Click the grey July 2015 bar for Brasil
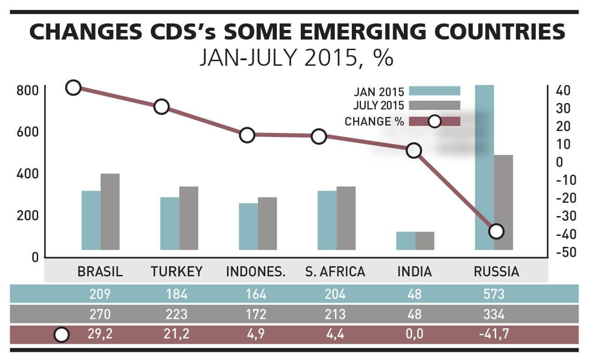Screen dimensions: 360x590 click(110, 211)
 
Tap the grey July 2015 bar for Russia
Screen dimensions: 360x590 click(504, 202)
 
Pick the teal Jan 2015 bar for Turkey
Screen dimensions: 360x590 click(170, 223)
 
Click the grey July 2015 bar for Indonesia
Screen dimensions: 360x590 click(267, 223)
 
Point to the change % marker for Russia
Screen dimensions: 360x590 click(496, 231)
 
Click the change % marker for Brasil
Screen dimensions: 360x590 click(74, 87)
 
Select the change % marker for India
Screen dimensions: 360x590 click(414, 150)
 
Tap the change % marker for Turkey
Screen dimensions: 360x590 click(161, 107)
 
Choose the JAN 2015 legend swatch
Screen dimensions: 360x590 click(435, 91)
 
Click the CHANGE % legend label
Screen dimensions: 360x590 click(374, 122)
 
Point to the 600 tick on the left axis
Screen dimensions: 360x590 click(26, 132)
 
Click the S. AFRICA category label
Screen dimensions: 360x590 click(335, 272)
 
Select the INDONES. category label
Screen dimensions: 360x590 click(256, 272)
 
